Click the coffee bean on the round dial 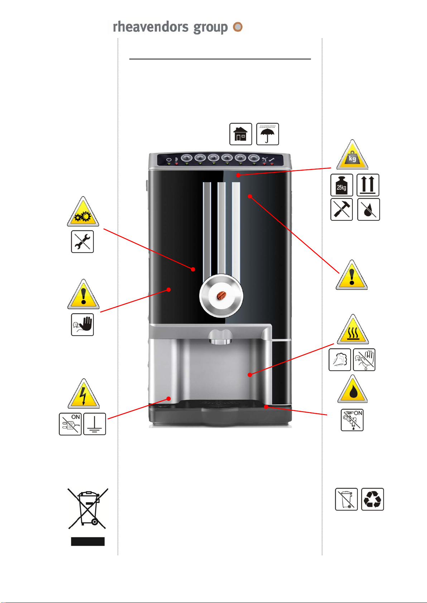click(221, 296)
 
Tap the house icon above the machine click(241, 134)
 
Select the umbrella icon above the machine click(268, 134)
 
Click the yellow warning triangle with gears click(83, 212)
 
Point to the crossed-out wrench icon click(82, 242)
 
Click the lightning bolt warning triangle click(83, 394)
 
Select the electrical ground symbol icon click(95, 424)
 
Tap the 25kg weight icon click(342, 185)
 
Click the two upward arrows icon click(368, 185)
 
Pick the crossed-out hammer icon click(342, 209)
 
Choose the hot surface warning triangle click(353, 330)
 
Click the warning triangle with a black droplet click(352, 389)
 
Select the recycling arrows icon click(373, 499)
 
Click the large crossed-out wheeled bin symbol click(88, 508)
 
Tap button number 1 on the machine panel click(186, 158)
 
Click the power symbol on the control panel click(169, 160)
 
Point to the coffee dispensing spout click(221, 337)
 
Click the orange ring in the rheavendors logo click(238, 26)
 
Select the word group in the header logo click(210, 28)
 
